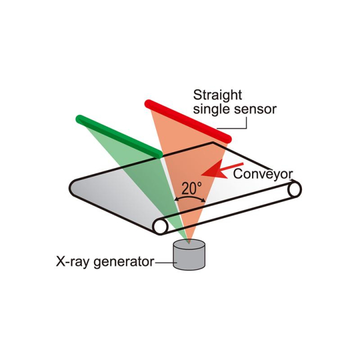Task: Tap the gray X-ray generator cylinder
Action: click(189, 258)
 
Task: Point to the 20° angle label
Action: click(191, 188)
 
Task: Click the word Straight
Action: click(217, 95)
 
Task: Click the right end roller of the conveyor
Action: click(294, 189)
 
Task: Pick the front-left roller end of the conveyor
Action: click(161, 225)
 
